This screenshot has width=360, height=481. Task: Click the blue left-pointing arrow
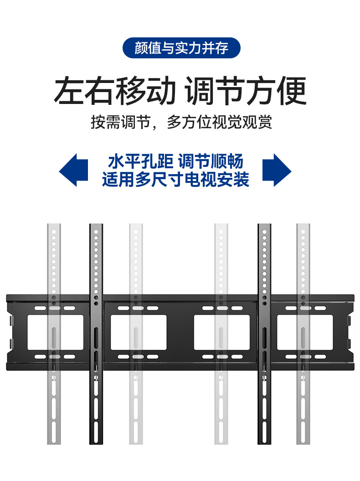[x=74, y=170]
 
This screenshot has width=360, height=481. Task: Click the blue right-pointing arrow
[x=276, y=170]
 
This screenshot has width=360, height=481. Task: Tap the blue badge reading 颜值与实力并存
[x=181, y=47]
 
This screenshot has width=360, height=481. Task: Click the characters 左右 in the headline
[x=84, y=91]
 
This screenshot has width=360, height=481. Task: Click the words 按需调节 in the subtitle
[x=120, y=122]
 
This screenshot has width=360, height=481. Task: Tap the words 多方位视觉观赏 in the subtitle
[x=219, y=122]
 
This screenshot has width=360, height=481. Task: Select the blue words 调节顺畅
[x=211, y=161]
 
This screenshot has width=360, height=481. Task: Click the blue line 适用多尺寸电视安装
[x=175, y=179]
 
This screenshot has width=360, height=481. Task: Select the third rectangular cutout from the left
[x=222, y=331]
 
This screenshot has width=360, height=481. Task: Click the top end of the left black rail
[x=96, y=227]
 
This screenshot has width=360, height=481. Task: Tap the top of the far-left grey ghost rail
[x=54, y=227]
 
